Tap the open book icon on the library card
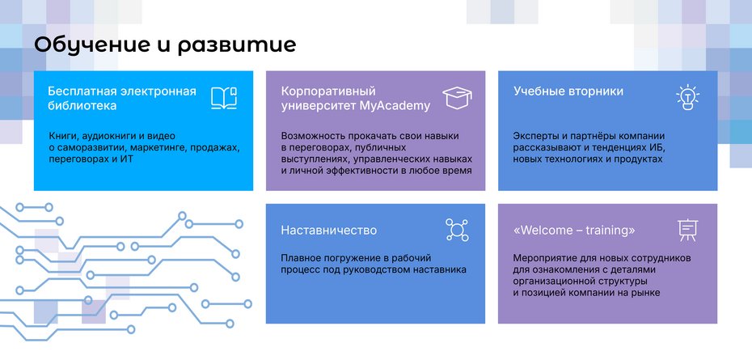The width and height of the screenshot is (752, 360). click(223, 98)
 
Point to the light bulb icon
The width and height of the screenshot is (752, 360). click(687, 97)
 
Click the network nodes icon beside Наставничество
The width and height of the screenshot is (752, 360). click(457, 230)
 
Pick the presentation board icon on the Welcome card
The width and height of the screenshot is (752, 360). click(687, 231)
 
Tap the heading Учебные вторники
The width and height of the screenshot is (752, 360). click(568, 91)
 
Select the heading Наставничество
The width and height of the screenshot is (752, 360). click(328, 231)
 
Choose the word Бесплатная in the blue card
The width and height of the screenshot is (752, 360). click(78, 91)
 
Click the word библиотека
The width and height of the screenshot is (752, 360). click(82, 105)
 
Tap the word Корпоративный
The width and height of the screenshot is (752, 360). click(328, 91)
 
